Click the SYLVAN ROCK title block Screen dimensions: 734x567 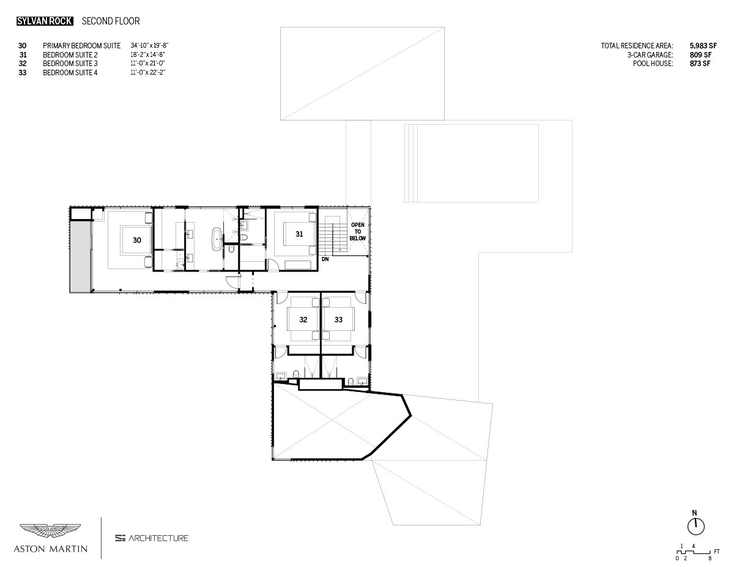pyautogui.click(x=45, y=21)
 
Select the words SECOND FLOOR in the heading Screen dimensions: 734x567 pyautogui.click(x=111, y=21)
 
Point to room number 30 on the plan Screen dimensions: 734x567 pyautogui.click(x=137, y=240)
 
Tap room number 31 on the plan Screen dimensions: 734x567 pyautogui.click(x=299, y=234)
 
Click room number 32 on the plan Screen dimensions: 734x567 pyautogui.click(x=303, y=319)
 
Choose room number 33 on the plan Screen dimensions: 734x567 pyautogui.click(x=338, y=319)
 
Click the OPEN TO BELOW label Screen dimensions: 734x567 pyautogui.click(x=358, y=231)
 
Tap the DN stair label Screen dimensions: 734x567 pyautogui.click(x=325, y=259)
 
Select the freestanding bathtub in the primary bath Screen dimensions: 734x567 pyautogui.click(x=217, y=239)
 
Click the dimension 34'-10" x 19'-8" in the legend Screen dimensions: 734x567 pyautogui.click(x=149, y=45)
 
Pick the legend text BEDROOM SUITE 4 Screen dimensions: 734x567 pyautogui.click(x=70, y=73)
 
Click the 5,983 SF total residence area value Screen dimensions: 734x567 pyautogui.click(x=703, y=46)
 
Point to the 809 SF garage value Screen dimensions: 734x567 pyautogui.click(x=700, y=54)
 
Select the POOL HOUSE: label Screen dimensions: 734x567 pyautogui.click(x=653, y=64)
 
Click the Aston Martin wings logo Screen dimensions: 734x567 pyautogui.click(x=50, y=531)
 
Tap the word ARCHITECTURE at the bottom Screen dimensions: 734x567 pyautogui.click(x=158, y=538)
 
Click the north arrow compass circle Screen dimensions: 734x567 pyautogui.click(x=696, y=526)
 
